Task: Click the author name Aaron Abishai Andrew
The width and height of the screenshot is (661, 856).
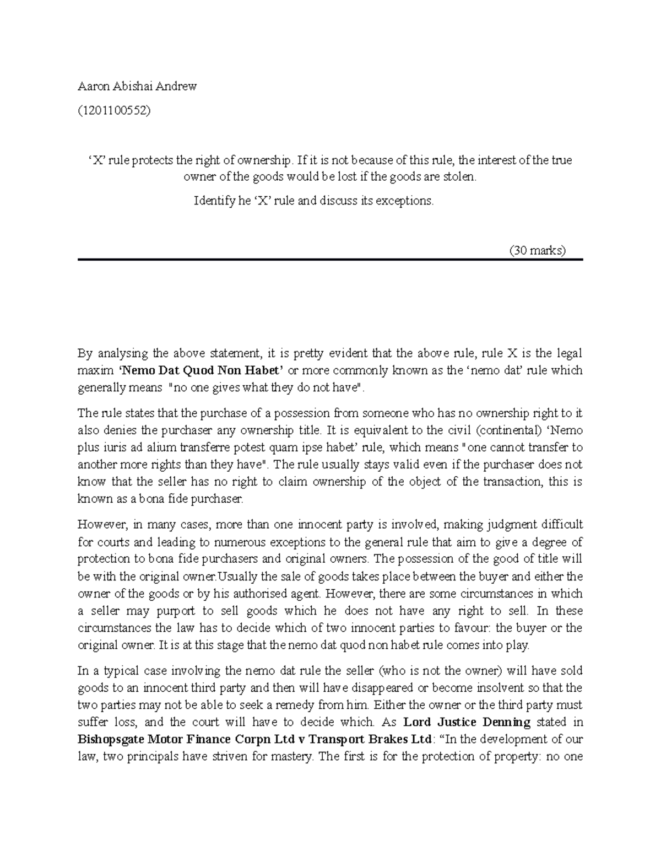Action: pyautogui.click(x=137, y=87)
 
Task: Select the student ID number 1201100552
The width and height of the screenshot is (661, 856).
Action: pyautogui.click(x=114, y=110)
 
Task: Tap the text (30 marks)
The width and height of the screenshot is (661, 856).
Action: pyautogui.click(x=538, y=251)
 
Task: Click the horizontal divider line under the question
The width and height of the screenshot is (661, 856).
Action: pyautogui.click(x=330, y=260)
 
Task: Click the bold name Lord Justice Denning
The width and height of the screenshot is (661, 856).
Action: pyautogui.click(x=467, y=722)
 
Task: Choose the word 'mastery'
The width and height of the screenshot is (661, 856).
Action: pyautogui.click(x=289, y=756)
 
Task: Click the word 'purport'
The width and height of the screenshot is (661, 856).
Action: pyautogui.click(x=173, y=611)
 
